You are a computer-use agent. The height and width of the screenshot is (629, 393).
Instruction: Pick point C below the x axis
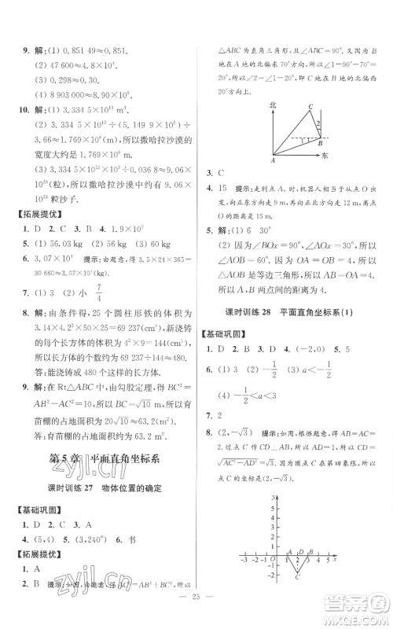pyautogui.click(x=297, y=579)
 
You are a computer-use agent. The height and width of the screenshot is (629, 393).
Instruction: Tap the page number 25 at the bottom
pyautogui.click(x=196, y=616)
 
